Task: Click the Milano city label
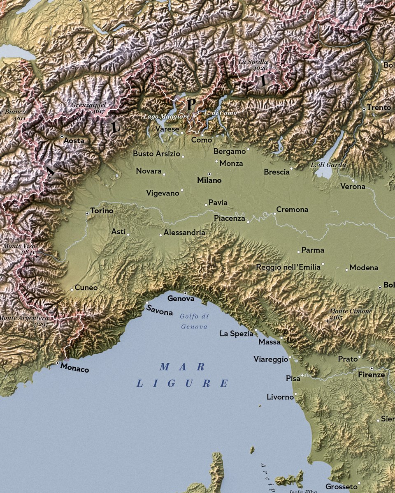click(x=209, y=180)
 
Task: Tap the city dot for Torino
click(x=87, y=214)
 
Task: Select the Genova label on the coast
click(x=181, y=299)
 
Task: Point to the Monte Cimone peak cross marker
click(x=328, y=320)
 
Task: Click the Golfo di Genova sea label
click(x=194, y=321)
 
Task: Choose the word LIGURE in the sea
click(x=182, y=384)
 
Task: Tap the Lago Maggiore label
click(x=166, y=117)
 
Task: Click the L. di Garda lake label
click(x=328, y=165)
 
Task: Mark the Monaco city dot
click(x=57, y=363)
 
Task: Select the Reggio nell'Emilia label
click(x=288, y=267)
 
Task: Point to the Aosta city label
click(x=74, y=141)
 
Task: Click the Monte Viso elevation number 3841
click(x=28, y=253)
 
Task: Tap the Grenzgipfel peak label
click(x=88, y=105)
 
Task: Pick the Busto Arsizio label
click(x=156, y=154)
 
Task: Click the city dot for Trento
click(x=364, y=109)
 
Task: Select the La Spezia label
click(x=236, y=334)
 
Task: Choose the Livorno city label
click(x=280, y=397)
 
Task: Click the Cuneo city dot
click(x=72, y=289)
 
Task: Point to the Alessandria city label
click(x=184, y=233)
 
